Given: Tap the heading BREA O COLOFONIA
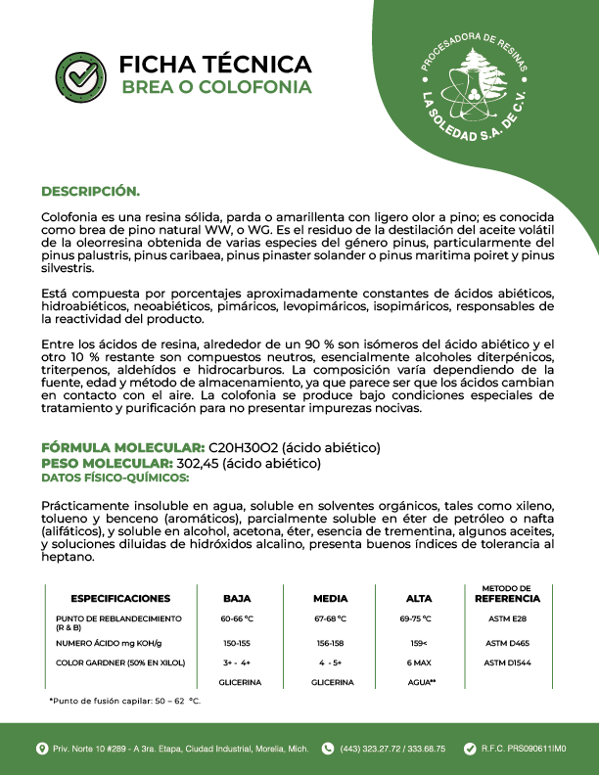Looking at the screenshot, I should (215, 87).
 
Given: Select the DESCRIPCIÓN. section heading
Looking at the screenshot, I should (90, 190).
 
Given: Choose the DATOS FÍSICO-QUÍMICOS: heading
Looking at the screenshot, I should (115, 478).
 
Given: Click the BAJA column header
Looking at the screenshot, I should (237, 598).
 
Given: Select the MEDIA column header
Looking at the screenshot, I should (330, 598).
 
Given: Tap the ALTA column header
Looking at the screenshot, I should (418, 598).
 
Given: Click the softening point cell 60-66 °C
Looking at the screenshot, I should (237, 619).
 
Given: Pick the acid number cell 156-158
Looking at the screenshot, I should (330, 643).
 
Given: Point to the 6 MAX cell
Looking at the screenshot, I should (418, 663).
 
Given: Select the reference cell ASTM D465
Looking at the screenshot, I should (508, 643).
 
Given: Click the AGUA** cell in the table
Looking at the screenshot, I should (419, 682).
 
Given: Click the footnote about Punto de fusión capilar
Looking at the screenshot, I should (124, 702).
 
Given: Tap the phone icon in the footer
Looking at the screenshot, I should (328, 749).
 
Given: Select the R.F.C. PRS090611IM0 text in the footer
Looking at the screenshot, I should (524, 749).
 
